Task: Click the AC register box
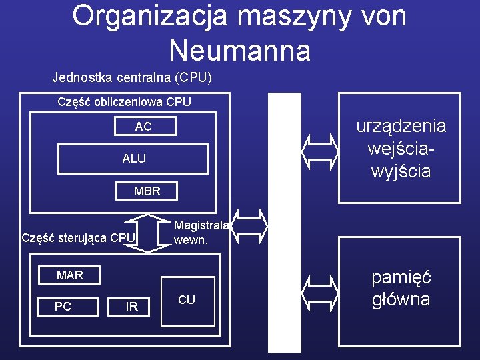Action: point(143,127)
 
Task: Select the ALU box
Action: point(133,159)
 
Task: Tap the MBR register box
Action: point(147,191)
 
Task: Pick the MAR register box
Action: point(70,275)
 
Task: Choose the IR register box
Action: point(132,307)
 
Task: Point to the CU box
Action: point(187,300)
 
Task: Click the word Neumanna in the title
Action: point(239,50)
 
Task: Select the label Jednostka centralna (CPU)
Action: point(132,77)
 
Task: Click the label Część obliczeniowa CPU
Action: point(124,102)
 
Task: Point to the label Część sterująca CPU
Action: point(79,237)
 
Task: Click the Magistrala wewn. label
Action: point(201,233)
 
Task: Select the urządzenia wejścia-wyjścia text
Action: point(400,149)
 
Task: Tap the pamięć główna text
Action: point(401,288)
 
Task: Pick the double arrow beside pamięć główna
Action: point(320,289)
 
